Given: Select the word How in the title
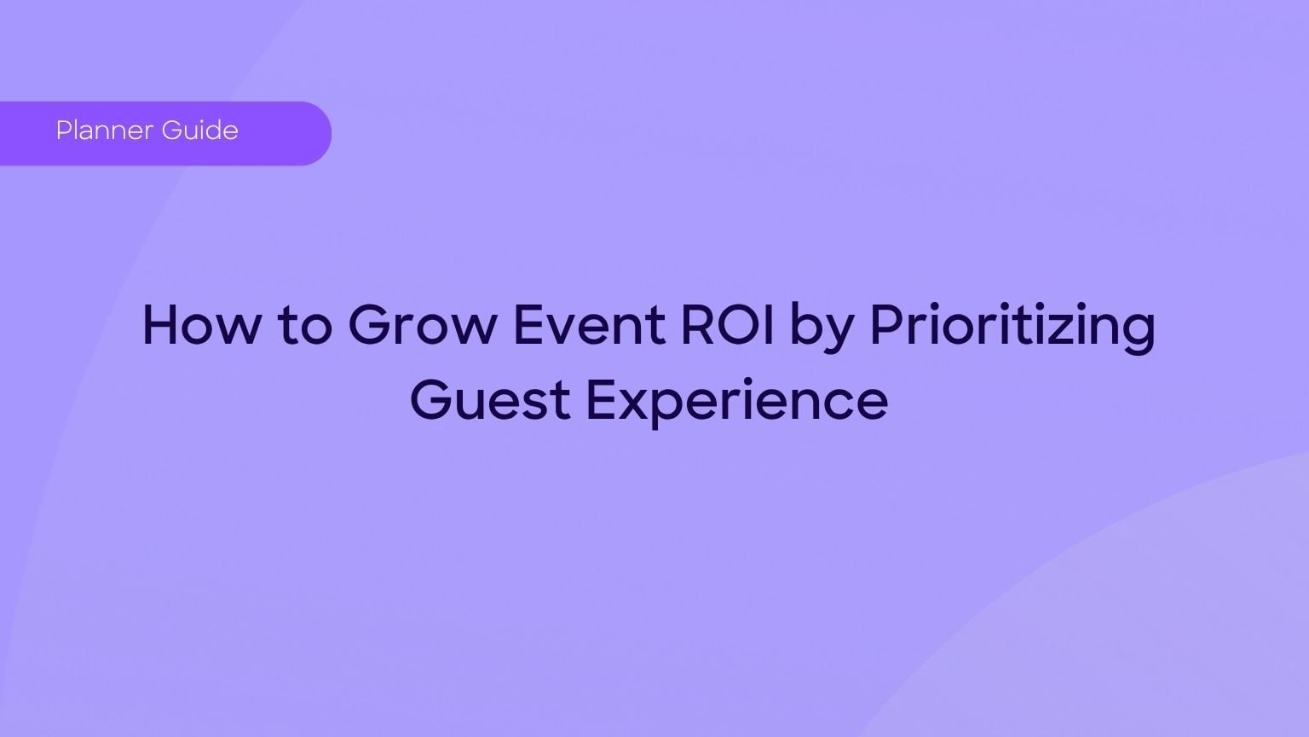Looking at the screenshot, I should click(199, 325).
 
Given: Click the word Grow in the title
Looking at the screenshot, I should click(421, 325).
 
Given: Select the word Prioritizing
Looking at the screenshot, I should click(1012, 327).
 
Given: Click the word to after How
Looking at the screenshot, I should click(305, 327).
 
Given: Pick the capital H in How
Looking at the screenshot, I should click(161, 325).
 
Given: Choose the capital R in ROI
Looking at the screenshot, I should click(695, 325).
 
